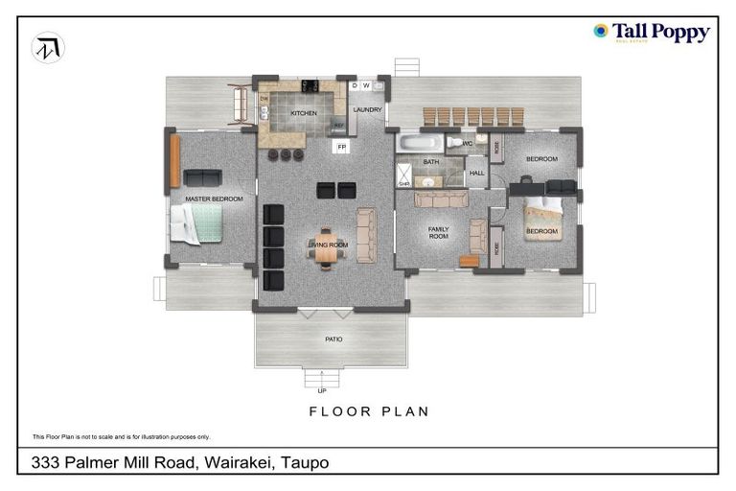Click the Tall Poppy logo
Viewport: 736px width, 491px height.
[652, 33]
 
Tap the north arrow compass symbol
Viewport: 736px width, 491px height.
[48, 48]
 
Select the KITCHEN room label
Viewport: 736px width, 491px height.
[304, 113]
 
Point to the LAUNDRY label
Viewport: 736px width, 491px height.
[367, 110]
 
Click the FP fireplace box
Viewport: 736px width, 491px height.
[341, 147]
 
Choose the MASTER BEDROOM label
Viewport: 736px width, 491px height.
[214, 199]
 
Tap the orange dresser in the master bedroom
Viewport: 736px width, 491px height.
[174, 161]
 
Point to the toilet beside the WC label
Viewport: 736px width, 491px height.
[454, 143]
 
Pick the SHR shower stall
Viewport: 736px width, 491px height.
[403, 176]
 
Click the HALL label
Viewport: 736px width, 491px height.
[476, 174]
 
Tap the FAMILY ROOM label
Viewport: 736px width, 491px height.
[438, 233]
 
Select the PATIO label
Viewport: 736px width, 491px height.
[333, 339]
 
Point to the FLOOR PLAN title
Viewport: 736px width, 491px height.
[368, 411]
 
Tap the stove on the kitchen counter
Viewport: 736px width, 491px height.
[310, 86]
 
